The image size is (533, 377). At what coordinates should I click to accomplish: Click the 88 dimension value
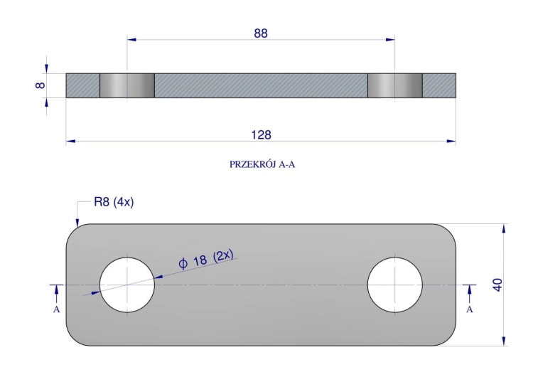pyautogui.click(x=261, y=33)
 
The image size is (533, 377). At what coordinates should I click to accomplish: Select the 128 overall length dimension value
pyautogui.click(x=261, y=134)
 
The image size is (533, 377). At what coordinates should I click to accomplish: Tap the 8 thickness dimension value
pyautogui.click(x=40, y=85)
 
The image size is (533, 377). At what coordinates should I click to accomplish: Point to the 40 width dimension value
pyautogui.click(x=497, y=285)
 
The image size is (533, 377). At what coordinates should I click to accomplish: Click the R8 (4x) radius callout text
pyautogui.click(x=114, y=202)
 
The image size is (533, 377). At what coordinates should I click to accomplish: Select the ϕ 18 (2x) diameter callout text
pyautogui.click(x=206, y=259)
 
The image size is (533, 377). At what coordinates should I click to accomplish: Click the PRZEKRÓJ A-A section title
pyautogui.click(x=262, y=164)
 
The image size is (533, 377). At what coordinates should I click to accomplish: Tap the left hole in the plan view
pyautogui.click(x=127, y=285)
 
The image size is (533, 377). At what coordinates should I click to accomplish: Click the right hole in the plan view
pyautogui.click(x=394, y=285)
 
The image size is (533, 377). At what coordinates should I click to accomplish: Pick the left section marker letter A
pyautogui.click(x=56, y=309)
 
